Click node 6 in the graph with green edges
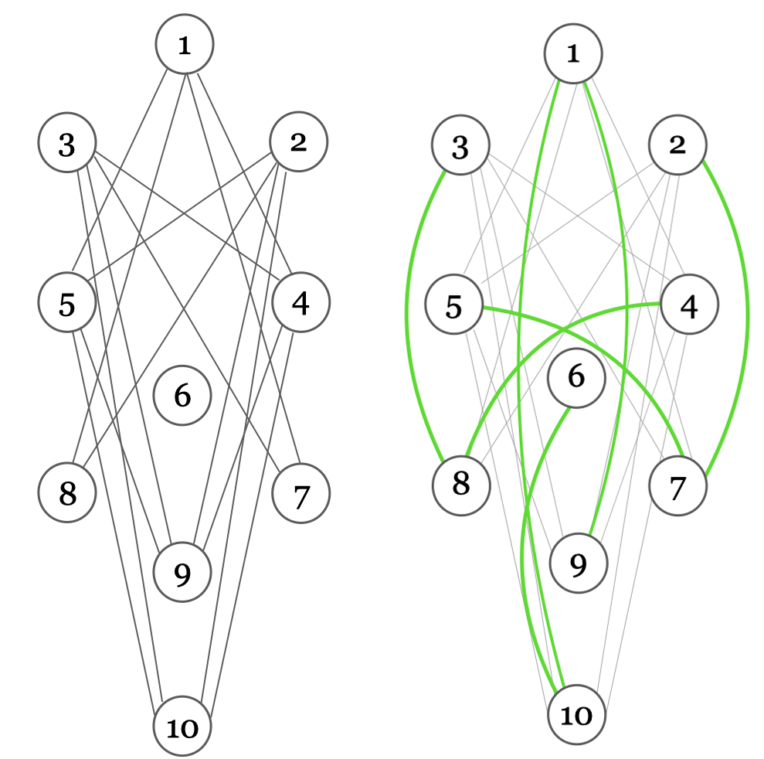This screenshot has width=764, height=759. point(576,378)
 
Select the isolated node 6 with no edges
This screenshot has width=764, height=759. point(182,396)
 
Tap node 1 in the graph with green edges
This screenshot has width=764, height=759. point(572,53)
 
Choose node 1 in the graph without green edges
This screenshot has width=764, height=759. point(185,46)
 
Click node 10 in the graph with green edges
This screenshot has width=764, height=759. point(576,716)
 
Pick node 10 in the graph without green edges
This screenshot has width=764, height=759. point(182,727)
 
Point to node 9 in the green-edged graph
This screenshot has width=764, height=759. point(578,564)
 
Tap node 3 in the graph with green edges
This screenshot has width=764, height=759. point(460,147)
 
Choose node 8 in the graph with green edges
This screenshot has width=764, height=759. point(460,485)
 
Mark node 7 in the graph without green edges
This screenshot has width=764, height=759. point(301,493)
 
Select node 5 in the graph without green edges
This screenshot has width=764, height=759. point(68,304)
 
